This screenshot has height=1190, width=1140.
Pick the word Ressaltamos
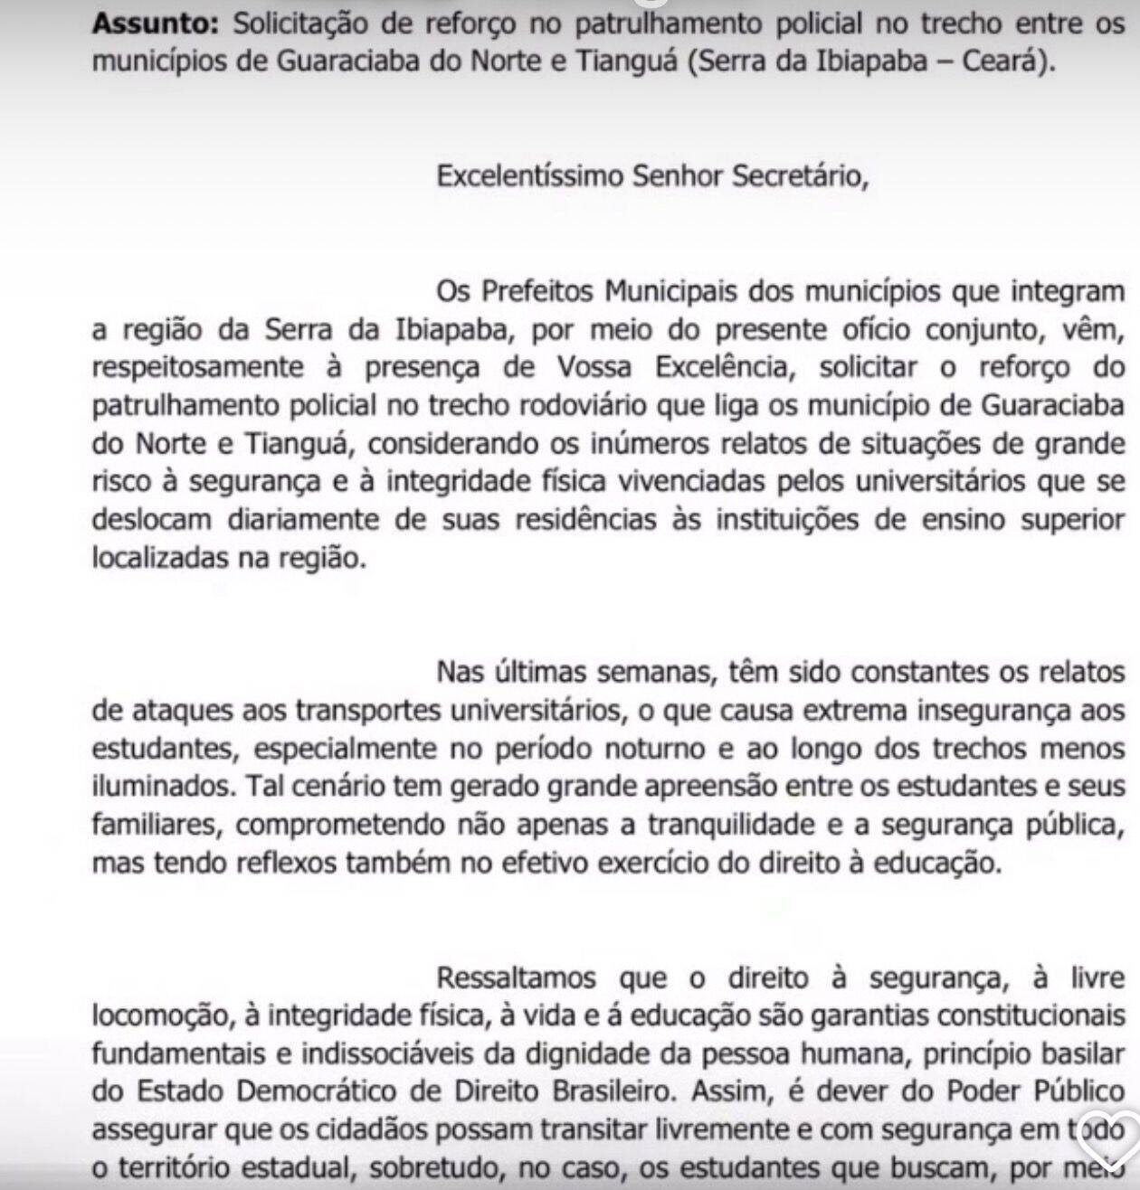tap(519, 978)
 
